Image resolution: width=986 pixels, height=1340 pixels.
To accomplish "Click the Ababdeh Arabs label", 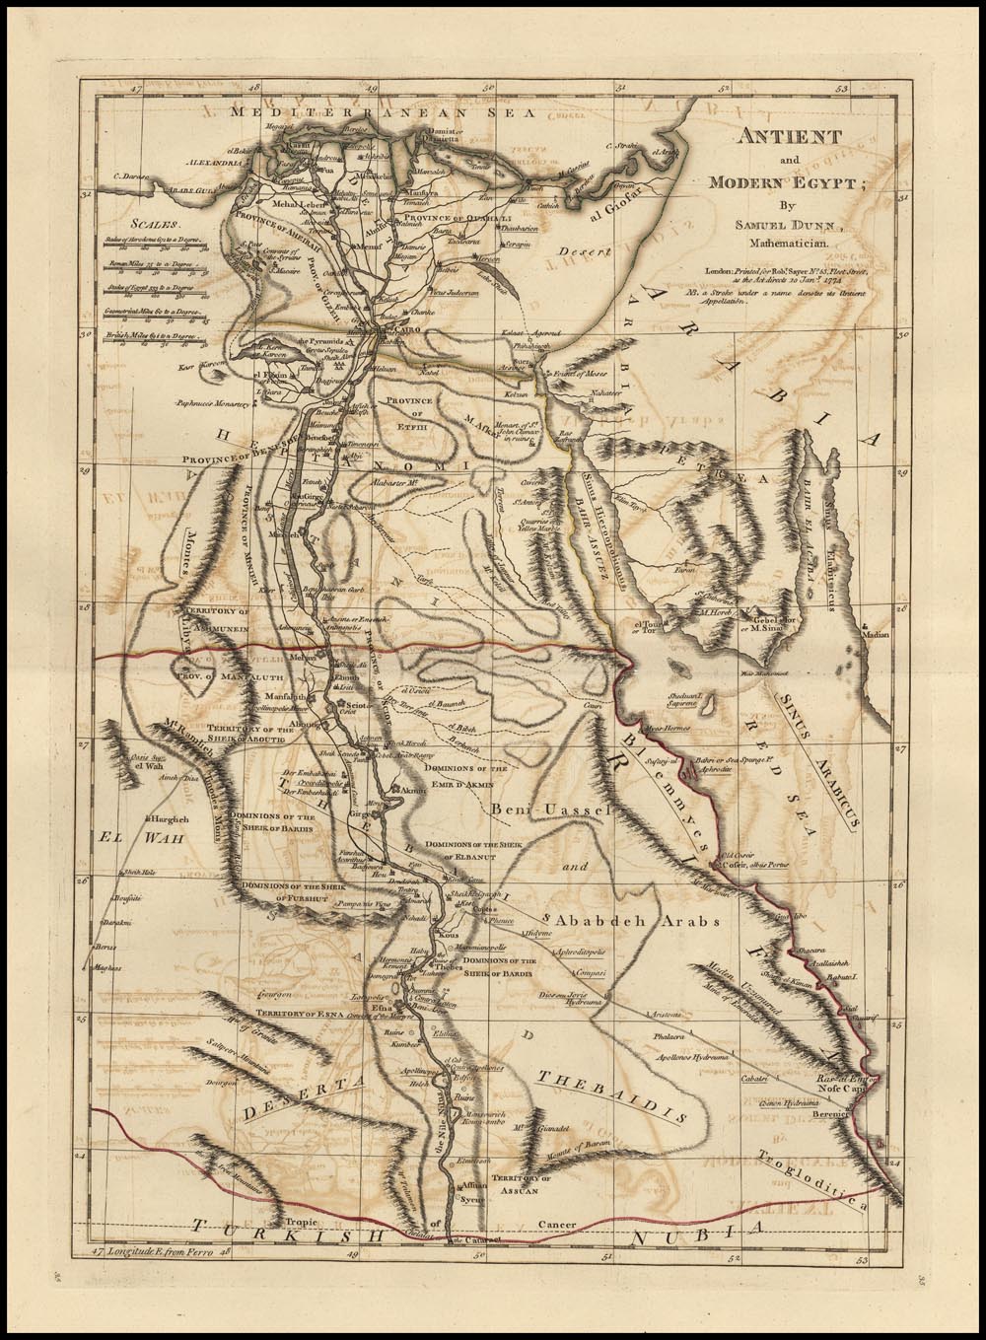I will coord(638,919).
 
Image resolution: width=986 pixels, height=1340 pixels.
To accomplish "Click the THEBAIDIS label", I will coord(609,1094).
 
